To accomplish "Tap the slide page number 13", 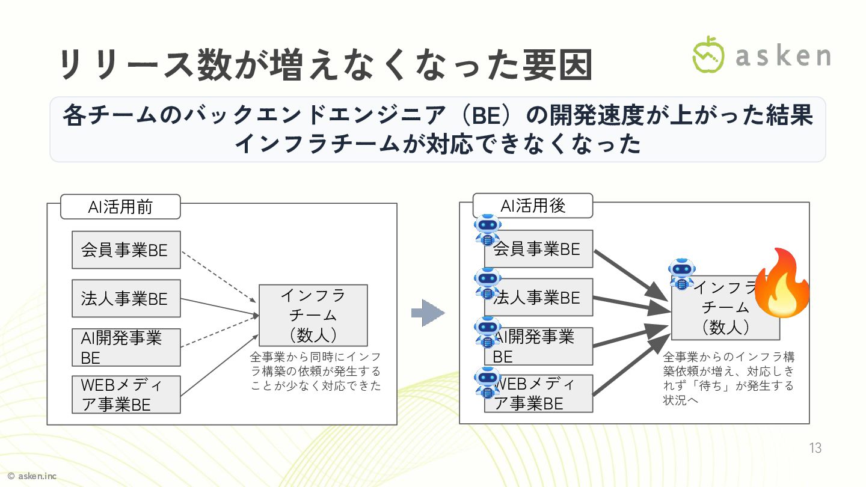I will [x=815, y=448].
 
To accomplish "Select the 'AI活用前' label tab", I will [x=120, y=207].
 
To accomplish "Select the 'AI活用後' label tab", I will [x=533, y=206].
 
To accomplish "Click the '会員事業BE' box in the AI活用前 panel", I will [x=126, y=250].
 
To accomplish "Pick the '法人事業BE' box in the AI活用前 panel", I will [x=126, y=298].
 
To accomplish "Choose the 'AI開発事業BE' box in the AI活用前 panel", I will [x=126, y=347].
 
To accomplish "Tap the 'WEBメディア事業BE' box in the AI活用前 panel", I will [x=126, y=394].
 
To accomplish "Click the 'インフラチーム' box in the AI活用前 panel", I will [x=313, y=315].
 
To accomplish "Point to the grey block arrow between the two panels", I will [x=428, y=313].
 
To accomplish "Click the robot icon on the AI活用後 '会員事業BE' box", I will [x=487, y=229].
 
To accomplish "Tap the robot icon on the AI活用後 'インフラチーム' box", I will [x=681, y=274].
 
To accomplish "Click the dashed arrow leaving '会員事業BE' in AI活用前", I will [x=219, y=276].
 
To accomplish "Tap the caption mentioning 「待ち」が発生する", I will [x=728, y=378].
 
